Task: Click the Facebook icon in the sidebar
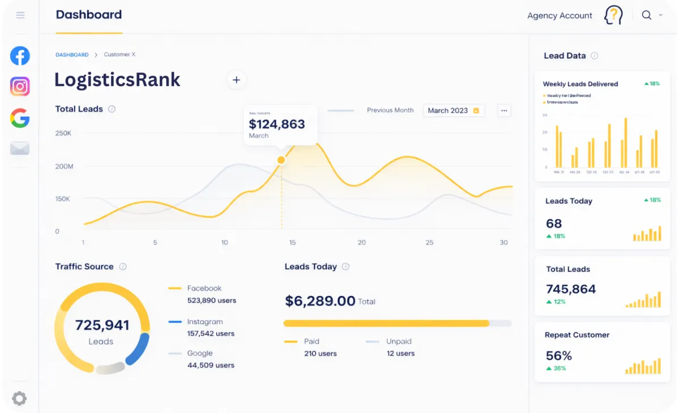coord(20,55)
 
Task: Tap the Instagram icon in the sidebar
coord(20,87)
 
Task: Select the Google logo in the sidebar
coord(20,118)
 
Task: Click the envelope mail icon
coord(20,148)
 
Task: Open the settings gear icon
coord(19,398)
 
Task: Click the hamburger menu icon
coord(20,15)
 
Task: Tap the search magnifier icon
coord(646,15)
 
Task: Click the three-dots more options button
coord(504,110)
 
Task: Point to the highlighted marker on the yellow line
coord(281,160)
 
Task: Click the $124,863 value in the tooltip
coord(277,124)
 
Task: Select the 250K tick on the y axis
coord(63,134)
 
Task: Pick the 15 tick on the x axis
coord(292,243)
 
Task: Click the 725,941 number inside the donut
coord(102,325)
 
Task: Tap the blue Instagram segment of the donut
coord(138,349)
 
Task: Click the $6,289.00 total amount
coord(320,301)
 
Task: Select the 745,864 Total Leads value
coord(570,289)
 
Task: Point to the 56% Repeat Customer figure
coord(558,356)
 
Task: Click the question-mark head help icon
coord(613,15)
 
